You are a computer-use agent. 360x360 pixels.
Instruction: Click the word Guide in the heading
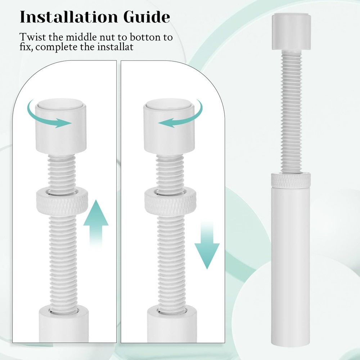[x=147, y=17]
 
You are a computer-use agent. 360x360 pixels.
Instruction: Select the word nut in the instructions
[x=108, y=37]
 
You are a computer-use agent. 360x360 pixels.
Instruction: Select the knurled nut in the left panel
[x=62, y=201]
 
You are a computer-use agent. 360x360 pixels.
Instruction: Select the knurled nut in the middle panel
[x=171, y=201]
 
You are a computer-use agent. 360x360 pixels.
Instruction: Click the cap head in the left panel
[x=61, y=127]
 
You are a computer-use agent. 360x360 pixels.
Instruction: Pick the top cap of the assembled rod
[x=292, y=31]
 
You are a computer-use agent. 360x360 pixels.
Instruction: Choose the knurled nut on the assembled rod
[x=291, y=180]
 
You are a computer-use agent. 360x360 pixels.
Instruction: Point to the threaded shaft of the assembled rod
[x=291, y=111]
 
